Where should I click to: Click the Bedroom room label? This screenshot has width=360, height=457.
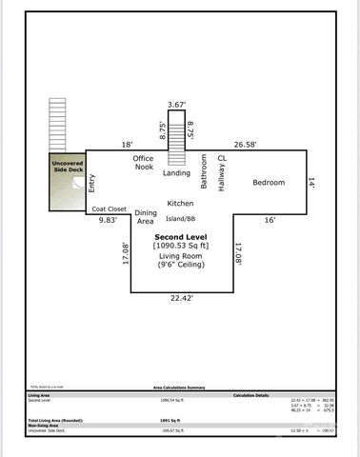click(269, 182)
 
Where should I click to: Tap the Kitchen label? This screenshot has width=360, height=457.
click(181, 203)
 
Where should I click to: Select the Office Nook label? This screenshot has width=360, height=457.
click(144, 164)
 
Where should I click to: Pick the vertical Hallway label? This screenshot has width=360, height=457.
click(222, 178)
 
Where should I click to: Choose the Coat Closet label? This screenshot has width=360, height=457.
click(109, 209)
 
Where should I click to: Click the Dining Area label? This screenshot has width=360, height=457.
click(146, 216)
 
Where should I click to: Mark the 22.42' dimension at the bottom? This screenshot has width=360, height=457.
click(181, 298)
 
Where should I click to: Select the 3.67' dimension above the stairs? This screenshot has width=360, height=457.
click(175, 104)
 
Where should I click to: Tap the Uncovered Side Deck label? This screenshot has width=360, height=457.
click(69, 169)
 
